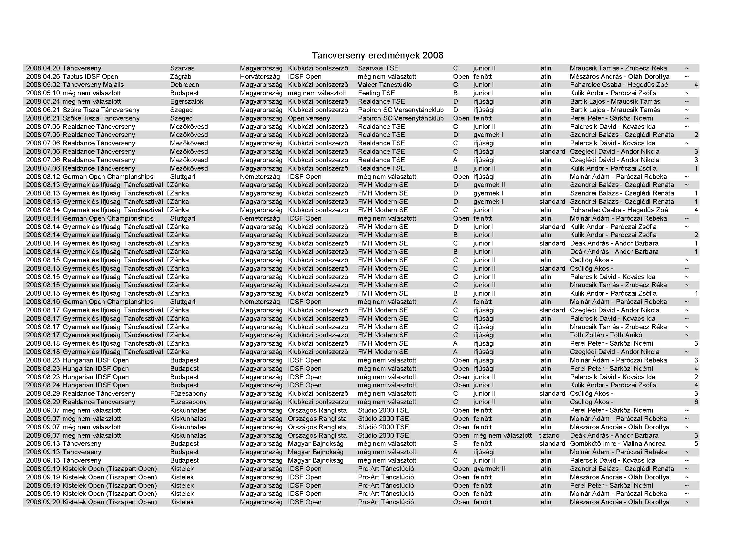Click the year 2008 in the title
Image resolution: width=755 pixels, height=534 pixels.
[x=433, y=55]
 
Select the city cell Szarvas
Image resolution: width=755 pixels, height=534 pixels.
[x=182, y=68]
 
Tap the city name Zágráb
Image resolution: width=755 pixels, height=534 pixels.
[x=180, y=77]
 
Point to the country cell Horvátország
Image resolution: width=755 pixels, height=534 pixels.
[x=260, y=77]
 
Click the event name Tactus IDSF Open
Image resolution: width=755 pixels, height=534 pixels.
[x=90, y=77]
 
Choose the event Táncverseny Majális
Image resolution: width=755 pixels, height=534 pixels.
[x=93, y=85]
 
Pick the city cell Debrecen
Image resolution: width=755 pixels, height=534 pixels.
[x=185, y=85]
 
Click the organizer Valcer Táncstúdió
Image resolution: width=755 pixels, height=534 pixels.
[x=385, y=85]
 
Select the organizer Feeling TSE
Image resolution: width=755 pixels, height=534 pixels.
[x=376, y=93]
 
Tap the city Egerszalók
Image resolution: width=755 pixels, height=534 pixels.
[x=187, y=102]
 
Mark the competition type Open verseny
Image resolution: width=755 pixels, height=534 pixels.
[x=309, y=119]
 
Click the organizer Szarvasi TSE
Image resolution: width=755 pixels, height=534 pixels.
[x=378, y=68]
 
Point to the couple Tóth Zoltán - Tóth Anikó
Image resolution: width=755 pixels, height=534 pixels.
[x=606, y=335]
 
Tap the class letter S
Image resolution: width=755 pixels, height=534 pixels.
[x=455, y=444]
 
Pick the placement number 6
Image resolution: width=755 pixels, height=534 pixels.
[x=696, y=402]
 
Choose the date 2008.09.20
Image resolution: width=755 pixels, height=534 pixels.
[x=43, y=502]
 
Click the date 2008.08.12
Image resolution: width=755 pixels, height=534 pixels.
[x=43, y=177]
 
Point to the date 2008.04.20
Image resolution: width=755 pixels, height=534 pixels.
[x=43, y=68]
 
